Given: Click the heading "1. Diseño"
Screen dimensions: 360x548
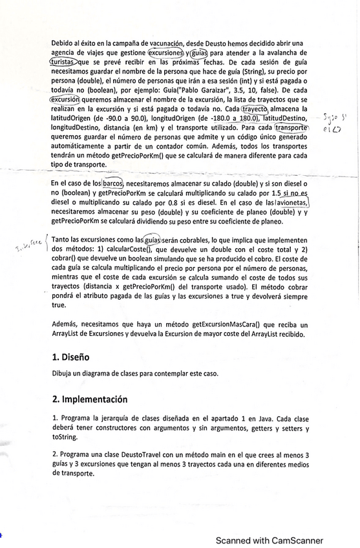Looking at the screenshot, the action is (71, 357).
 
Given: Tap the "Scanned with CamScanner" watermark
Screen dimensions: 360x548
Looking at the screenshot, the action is (270, 540).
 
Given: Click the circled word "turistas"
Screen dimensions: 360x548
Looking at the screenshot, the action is (67, 61).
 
